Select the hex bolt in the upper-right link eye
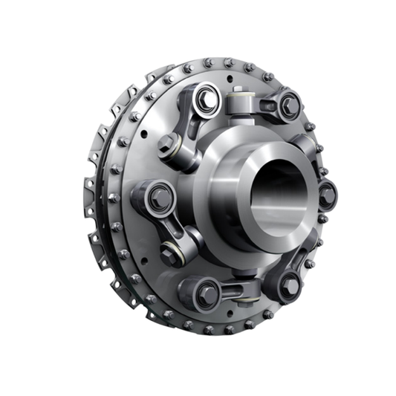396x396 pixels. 288,106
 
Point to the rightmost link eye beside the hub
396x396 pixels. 327,196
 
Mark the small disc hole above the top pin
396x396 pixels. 239,77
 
